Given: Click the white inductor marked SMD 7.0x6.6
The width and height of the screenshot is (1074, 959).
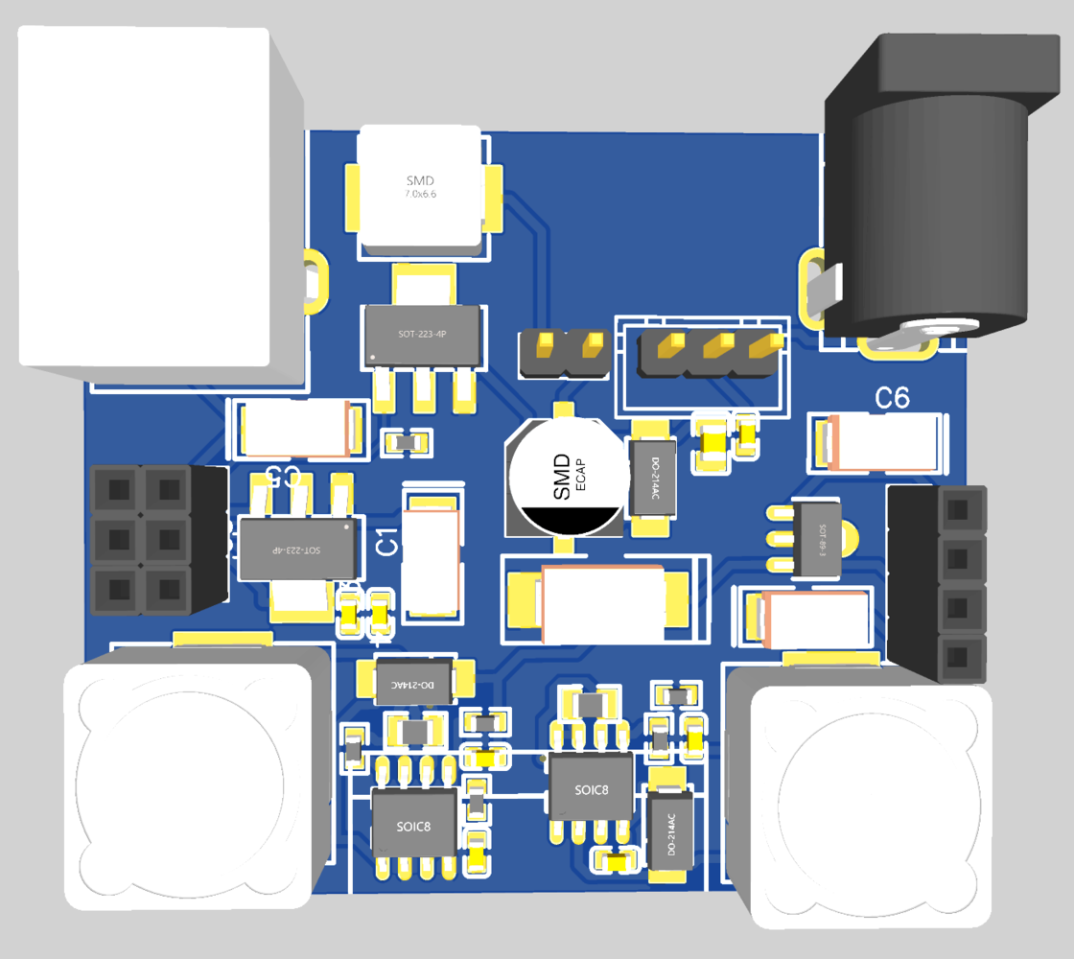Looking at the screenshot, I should [x=420, y=189].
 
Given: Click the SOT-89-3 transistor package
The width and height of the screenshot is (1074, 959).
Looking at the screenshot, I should [x=816, y=539].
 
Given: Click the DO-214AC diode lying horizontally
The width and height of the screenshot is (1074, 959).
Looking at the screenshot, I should [x=416, y=680].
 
